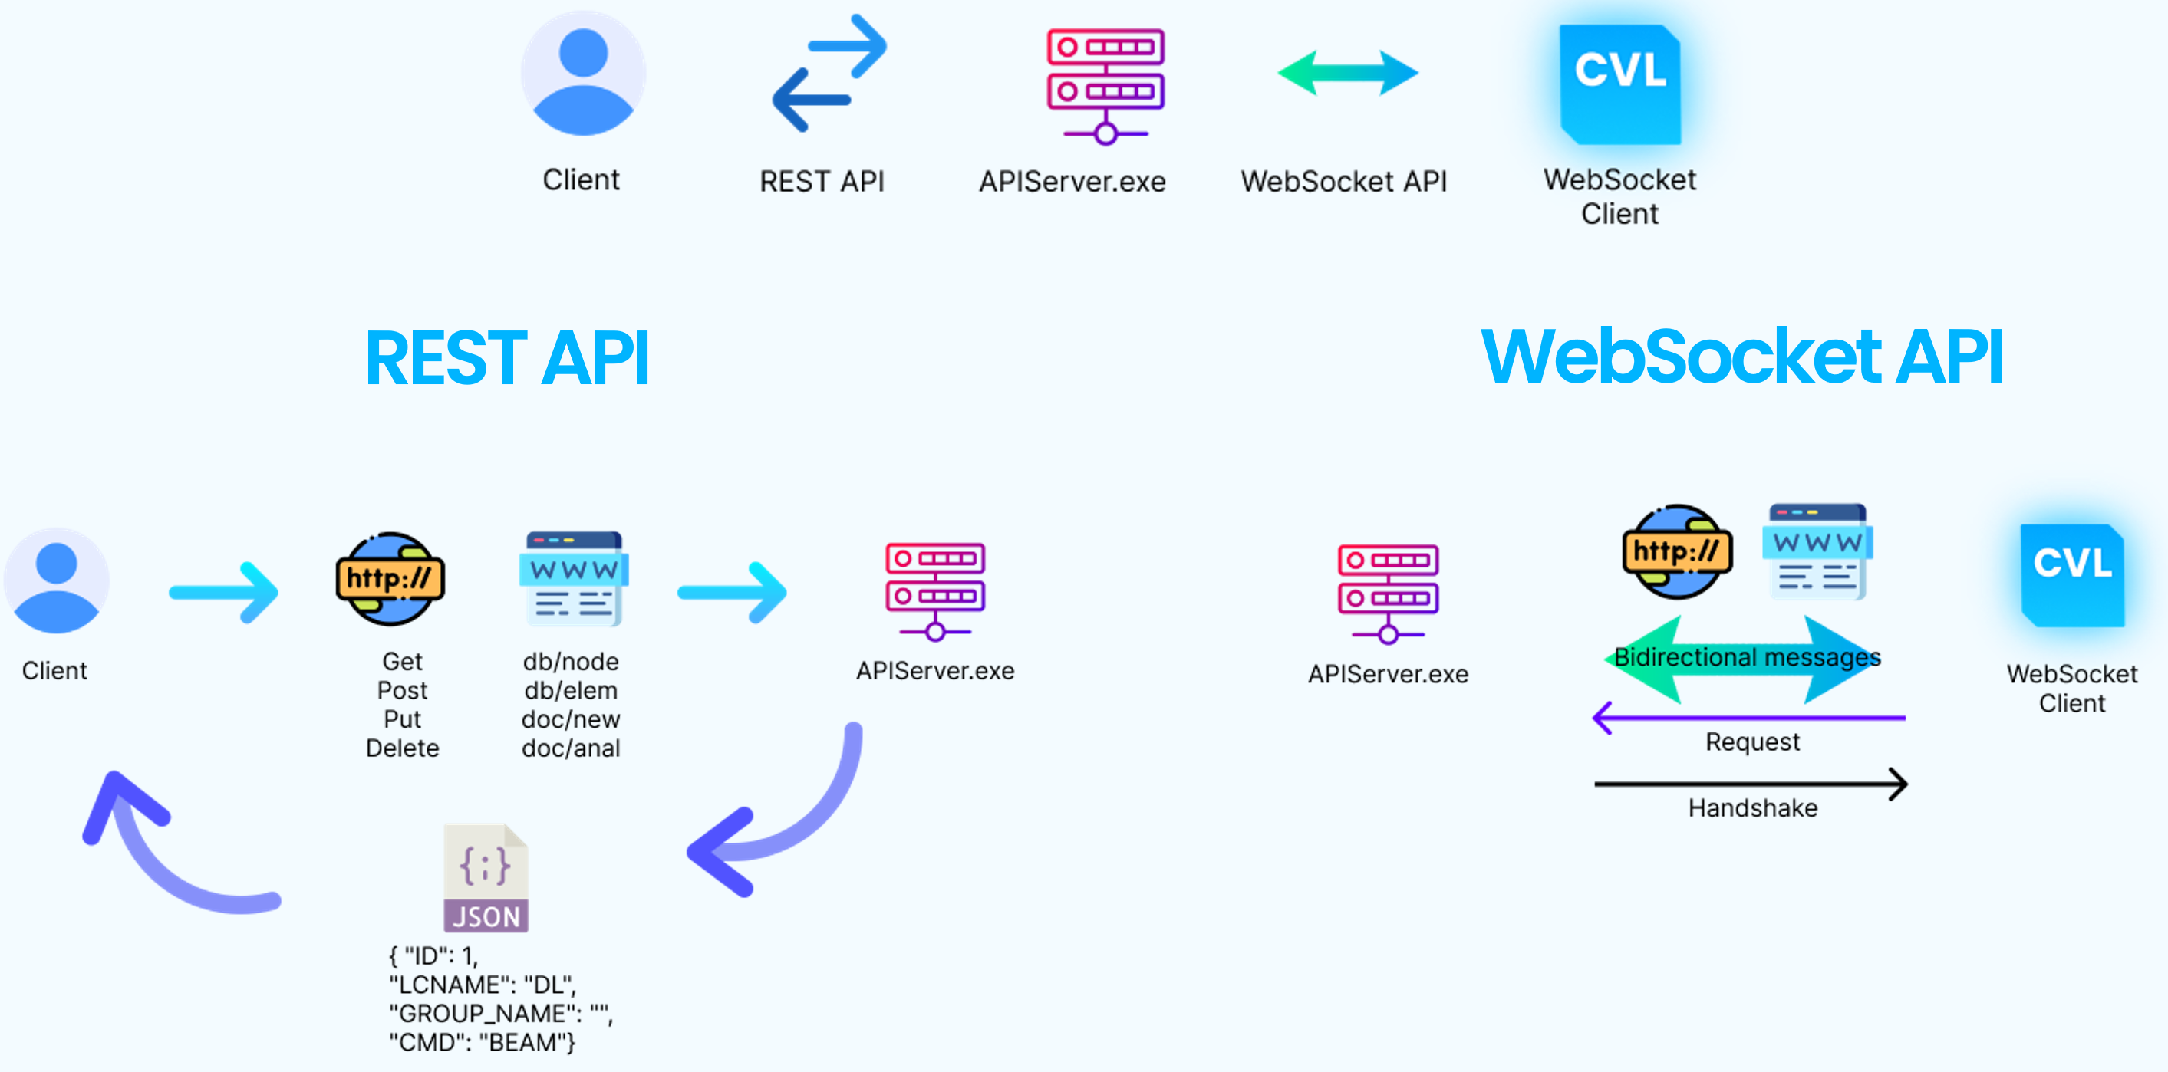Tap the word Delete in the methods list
point(402,748)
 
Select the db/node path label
point(571,662)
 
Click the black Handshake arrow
point(1751,784)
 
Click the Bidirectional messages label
point(1747,657)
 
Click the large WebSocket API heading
point(1741,357)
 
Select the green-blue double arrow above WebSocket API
point(1347,73)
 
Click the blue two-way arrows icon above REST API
point(829,73)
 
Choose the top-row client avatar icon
point(583,74)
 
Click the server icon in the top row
point(1105,86)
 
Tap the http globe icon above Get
point(390,579)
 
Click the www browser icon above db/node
point(573,579)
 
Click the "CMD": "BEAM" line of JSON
point(482,1043)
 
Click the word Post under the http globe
point(402,691)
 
